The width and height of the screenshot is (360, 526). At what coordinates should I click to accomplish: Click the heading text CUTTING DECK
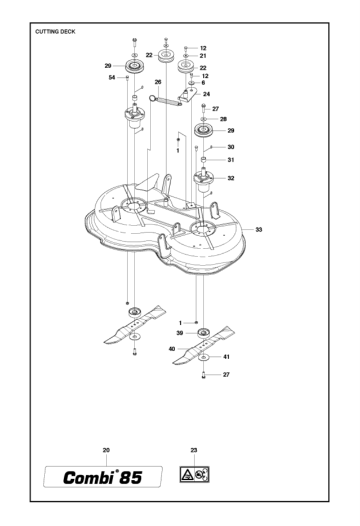tap(55, 32)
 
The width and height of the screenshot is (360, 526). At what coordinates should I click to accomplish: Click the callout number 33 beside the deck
tap(259, 229)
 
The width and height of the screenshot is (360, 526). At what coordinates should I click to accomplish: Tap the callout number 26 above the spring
tap(158, 82)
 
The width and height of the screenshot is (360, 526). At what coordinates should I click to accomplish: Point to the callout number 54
tap(112, 77)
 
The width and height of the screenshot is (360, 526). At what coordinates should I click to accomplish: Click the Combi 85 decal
tap(103, 477)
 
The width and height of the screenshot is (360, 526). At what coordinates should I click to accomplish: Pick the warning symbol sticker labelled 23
tap(194, 474)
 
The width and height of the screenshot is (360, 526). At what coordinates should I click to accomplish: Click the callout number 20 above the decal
tap(106, 450)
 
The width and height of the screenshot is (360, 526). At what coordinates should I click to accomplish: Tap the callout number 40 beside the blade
tap(172, 349)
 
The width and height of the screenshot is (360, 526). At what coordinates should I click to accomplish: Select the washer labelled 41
tap(203, 357)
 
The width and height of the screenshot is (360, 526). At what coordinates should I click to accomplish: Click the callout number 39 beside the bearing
tap(180, 333)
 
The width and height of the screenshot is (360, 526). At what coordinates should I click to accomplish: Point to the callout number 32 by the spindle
tap(231, 178)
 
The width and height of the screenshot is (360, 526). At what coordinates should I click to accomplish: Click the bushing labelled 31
tap(203, 159)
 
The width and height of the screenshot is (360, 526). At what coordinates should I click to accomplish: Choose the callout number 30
tap(231, 147)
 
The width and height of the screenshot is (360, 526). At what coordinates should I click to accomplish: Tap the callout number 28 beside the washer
tap(223, 119)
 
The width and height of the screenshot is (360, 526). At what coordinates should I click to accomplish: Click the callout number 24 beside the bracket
tap(207, 94)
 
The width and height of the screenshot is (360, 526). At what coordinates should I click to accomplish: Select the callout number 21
tap(203, 56)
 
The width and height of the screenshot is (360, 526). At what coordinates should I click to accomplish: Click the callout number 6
tap(203, 82)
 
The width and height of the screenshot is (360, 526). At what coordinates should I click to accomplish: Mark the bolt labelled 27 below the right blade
tap(203, 374)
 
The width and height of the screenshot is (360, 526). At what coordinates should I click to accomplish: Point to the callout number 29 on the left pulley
tap(108, 66)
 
